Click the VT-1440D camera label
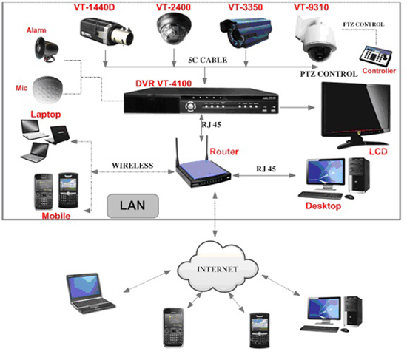click(94, 7)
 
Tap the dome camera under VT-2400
click(174, 29)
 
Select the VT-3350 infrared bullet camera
click(246, 33)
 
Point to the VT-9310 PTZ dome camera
click(316, 38)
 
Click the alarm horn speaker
click(47, 50)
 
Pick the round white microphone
click(48, 89)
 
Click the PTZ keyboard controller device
click(376, 55)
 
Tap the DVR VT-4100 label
click(164, 84)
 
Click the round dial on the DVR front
click(190, 106)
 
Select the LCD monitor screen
click(356, 108)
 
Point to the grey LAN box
click(132, 206)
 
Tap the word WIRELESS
click(132, 166)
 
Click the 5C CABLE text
click(208, 60)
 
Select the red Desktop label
click(323, 206)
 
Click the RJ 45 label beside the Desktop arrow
click(266, 169)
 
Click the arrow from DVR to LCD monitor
click(297, 107)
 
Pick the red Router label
click(224, 152)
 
